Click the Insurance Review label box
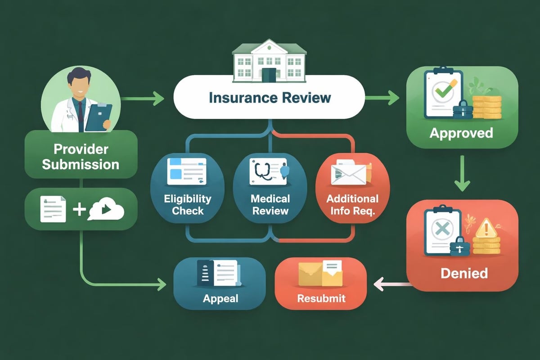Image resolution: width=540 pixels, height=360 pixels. (269, 97)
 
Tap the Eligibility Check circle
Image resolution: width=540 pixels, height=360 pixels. (188, 189)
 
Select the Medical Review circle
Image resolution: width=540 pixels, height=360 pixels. (270, 189)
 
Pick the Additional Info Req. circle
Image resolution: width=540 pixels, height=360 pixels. (352, 189)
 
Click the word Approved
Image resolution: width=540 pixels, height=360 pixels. (461, 133)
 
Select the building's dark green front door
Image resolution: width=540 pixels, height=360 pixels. (269, 75)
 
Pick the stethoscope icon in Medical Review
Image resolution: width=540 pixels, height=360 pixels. (261, 173)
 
